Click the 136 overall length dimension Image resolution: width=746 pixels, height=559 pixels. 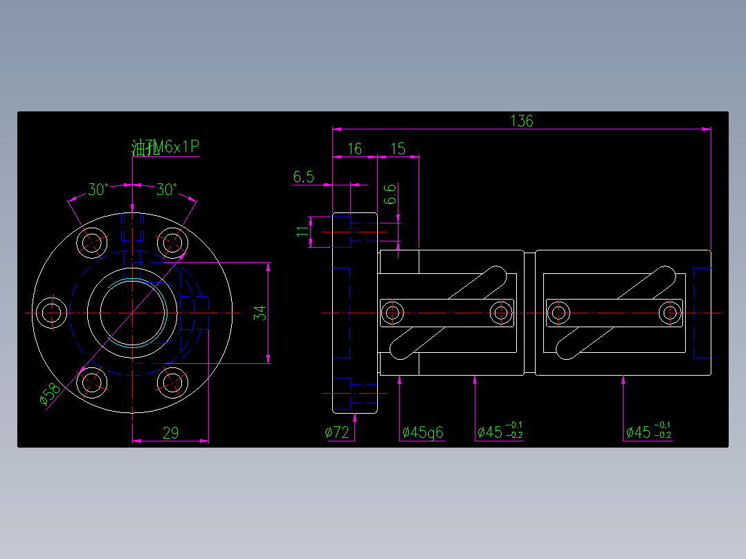point(522,121)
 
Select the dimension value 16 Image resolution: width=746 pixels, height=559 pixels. point(354,149)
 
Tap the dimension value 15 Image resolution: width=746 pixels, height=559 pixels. point(398,149)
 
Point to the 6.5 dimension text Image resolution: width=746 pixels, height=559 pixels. point(303,177)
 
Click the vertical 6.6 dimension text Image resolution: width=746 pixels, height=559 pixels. point(390,194)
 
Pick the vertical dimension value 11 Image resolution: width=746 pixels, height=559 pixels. point(302,231)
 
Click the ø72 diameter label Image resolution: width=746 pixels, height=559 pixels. point(337,433)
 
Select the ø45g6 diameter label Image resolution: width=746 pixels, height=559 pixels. point(422,433)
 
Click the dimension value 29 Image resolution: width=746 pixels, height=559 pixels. point(170,433)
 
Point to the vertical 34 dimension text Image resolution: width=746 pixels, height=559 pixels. point(260,313)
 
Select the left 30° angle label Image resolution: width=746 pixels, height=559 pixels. point(98,189)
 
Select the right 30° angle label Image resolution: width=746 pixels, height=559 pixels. point(166,189)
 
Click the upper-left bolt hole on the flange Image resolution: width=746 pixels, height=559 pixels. point(92,243)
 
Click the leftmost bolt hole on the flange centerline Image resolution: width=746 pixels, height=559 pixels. point(51,312)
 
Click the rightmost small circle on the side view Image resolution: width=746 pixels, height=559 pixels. point(669,312)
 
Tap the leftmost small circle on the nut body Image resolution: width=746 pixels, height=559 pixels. point(393,312)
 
